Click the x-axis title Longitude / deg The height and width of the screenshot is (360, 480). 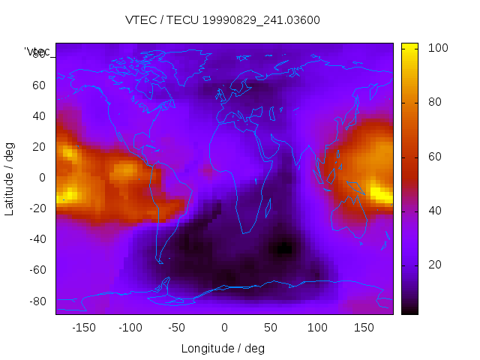tap(223, 348)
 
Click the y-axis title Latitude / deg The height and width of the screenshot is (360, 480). tap(10, 177)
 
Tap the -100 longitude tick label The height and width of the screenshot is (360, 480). tap(130, 327)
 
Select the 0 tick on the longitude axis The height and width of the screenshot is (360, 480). tap(223, 327)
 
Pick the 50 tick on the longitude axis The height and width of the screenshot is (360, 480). tap(270, 327)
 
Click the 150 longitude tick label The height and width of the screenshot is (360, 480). tap(364, 327)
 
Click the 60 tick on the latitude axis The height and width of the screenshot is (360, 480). tap(39, 85)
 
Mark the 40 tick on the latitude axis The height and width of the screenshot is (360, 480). tap(39, 116)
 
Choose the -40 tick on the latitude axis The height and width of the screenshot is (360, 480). tap(37, 239)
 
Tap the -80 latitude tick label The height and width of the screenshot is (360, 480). tap(37, 301)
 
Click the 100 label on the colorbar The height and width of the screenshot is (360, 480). tap(438, 48)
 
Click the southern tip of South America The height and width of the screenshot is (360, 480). tap(160, 262)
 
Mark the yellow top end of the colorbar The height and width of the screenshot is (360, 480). tap(409, 46)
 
